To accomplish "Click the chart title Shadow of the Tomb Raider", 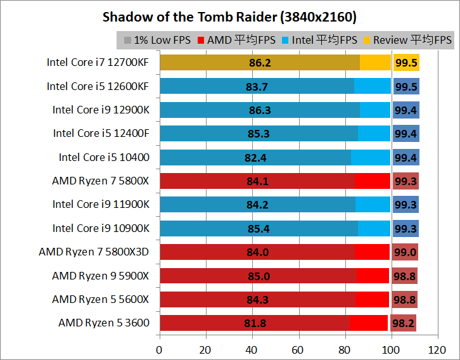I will (229, 16).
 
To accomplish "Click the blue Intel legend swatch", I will (286, 40).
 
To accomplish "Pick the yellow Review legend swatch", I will (367, 40).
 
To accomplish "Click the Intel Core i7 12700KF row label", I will (98, 62).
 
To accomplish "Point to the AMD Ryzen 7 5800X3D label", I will (94, 252).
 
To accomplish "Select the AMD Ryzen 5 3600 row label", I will (104, 323).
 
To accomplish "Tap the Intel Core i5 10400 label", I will (104, 157).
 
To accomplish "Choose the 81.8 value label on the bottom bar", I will (255, 323).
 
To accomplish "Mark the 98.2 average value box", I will (403, 323).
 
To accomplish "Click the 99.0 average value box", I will (405, 252).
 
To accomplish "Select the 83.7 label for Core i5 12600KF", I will (257, 87).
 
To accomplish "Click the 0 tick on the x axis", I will (160, 349).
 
